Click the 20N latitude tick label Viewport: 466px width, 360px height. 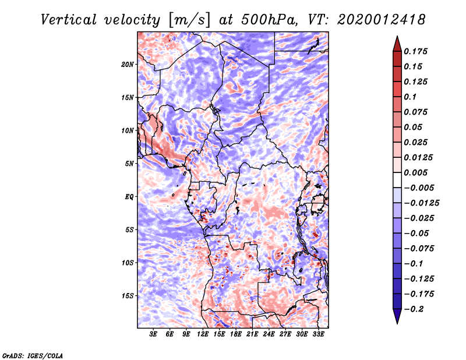128,65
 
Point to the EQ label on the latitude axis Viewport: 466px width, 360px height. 129,197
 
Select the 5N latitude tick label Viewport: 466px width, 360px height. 129,164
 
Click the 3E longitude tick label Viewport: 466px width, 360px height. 153,334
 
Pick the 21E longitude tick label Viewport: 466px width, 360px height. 252,334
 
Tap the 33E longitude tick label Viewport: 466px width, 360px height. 318,334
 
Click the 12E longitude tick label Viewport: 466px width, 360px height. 203,334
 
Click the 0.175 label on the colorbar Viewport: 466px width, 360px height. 415,51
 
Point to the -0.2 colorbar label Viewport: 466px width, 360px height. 414,309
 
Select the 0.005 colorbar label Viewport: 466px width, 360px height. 415,172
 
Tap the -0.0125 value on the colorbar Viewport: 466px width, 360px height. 421,203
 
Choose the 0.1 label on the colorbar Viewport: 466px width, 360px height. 410,97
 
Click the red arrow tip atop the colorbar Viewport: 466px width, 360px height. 397,37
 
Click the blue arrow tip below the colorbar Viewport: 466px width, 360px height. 397,323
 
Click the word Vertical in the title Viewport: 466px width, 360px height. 69,20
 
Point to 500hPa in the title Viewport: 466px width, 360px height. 269,20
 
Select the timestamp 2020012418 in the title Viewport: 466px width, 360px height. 382,20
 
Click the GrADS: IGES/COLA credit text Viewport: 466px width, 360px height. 33,355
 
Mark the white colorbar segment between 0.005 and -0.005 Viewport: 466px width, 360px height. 397,180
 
